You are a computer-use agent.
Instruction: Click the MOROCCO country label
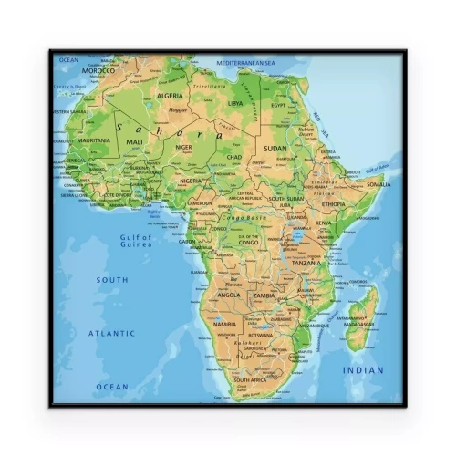pyautogui.click(x=98, y=70)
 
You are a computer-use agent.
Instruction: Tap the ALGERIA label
pyautogui.click(x=171, y=96)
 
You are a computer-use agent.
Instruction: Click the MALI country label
pyautogui.click(x=134, y=142)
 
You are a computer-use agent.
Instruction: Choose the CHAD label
pyautogui.click(x=234, y=157)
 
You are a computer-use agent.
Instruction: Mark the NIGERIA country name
pyautogui.click(x=191, y=181)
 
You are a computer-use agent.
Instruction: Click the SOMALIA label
pyautogui.click(x=378, y=184)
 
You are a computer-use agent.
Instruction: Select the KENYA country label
pyautogui.click(x=324, y=223)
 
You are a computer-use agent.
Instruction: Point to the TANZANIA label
pyautogui.click(x=306, y=264)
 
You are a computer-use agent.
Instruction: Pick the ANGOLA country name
pyautogui.click(x=228, y=295)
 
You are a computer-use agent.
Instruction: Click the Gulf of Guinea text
pyautogui.click(x=135, y=241)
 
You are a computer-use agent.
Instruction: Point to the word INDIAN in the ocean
pyautogui.click(x=363, y=370)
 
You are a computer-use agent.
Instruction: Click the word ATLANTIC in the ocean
pyautogui.click(x=111, y=333)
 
